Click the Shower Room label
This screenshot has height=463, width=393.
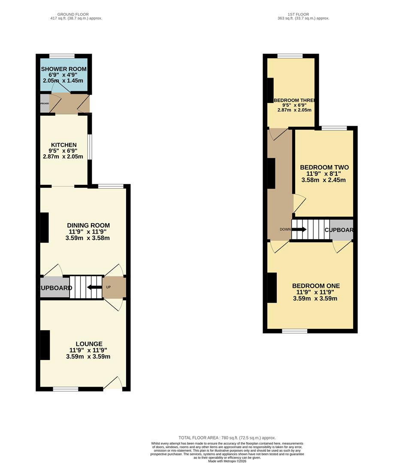tap(63, 69)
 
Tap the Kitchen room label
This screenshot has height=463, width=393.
tap(63, 145)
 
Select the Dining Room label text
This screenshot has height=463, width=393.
tap(88, 225)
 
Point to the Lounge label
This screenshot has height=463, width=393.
tap(89, 344)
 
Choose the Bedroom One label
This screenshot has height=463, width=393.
tap(316, 286)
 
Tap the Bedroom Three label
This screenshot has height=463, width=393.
tap(294, 100)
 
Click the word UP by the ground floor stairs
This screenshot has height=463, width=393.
tap(108, 287)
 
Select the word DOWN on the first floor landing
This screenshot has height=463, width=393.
tap(285, 229)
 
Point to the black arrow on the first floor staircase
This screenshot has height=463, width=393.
tap(299, 229)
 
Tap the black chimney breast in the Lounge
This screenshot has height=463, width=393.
tap(45, 345)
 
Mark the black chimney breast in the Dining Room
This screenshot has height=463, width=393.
tap(45, 227)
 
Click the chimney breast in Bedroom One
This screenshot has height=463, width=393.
tap(272, 287)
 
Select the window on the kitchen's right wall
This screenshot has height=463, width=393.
tap(90, 147)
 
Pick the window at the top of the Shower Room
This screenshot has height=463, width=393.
tap(62, 56)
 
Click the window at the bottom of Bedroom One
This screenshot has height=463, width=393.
tap(294, 331)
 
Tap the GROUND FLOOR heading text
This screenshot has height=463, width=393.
tap(76, 15)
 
